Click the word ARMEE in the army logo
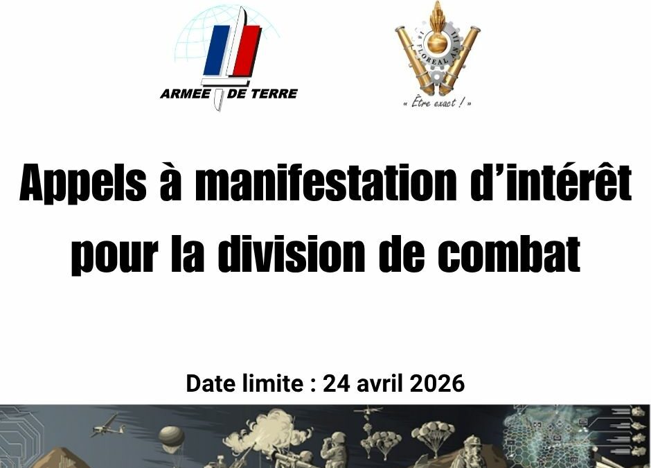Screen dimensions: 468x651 [x=184, y=94]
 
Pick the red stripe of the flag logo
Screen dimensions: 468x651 [x=247, y=50]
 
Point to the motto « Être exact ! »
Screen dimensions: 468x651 [x=437, y=103]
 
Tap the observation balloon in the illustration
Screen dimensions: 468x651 [x=169, y=437]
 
